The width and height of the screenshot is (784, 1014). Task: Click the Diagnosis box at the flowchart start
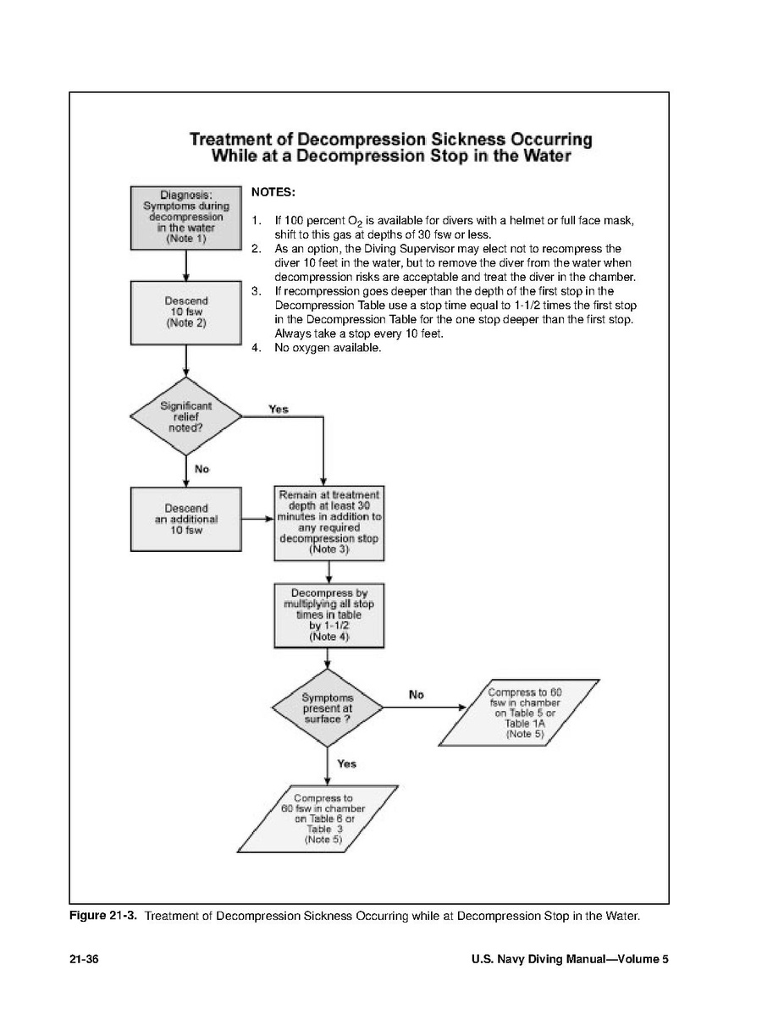coord(185,218)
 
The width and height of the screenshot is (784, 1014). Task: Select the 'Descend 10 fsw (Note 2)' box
coord(185,312)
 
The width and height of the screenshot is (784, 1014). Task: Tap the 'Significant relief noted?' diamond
coord(185,416)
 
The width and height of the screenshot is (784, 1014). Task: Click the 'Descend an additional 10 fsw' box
coord(185,518)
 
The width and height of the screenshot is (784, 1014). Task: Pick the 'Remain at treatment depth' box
coord(329,523)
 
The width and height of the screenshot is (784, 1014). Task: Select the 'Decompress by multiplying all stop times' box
coord(329,614)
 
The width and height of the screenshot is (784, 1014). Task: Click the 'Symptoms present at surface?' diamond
coord(328,708)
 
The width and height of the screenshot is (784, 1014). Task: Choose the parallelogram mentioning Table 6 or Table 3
coord(317,819)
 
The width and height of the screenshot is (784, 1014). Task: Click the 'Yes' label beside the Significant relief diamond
coord(278,409)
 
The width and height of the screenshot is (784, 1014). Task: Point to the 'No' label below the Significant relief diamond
coord(202,468)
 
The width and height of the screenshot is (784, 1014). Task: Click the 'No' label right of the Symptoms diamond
coord(416,694)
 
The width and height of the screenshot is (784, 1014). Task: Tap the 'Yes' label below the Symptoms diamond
coord(346,763)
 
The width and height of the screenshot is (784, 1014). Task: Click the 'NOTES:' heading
coord(273,192)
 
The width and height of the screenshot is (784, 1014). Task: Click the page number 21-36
coord(85,960)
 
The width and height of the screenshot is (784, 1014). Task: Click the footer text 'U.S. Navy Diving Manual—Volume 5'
coord(569,960)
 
